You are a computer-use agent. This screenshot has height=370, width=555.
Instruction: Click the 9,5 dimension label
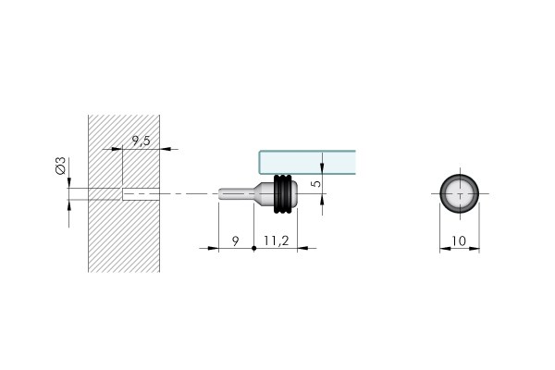(142, 141)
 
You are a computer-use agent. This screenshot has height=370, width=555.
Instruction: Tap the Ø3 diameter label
(60, 166)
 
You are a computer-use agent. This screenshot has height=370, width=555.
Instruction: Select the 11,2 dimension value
(276, 240)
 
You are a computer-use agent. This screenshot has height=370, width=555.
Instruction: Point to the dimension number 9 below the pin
(235, 241)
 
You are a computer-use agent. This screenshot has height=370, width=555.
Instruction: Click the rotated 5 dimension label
(316, 183)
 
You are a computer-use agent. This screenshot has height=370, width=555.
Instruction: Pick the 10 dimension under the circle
(459, 241)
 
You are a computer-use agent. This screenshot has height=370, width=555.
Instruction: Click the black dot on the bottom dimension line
(253, 248)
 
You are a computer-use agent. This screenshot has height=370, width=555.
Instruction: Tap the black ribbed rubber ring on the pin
(283, 194)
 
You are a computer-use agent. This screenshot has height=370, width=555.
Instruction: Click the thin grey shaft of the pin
(236, 194)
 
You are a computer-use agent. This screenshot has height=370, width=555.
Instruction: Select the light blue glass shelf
(307, 163)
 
